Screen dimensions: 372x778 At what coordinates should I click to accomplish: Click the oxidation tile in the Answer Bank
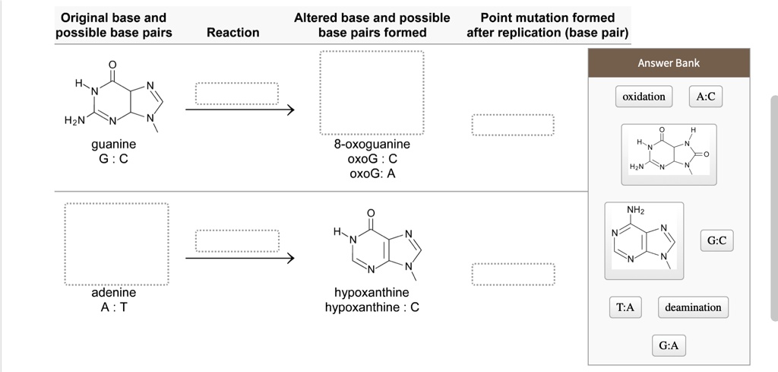pyautogui.click(x=644, y=97)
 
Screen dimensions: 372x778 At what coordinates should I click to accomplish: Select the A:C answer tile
pyautogui.click(x=706, y=97)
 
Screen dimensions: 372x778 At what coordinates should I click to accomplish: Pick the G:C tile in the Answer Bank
pyautogui.click(x=716, y=241)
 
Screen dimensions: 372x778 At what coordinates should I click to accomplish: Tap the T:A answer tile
pyautogui.click(x=625, y=307)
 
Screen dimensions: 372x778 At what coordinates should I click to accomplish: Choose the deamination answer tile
pyautogui.click(x=693, y=307)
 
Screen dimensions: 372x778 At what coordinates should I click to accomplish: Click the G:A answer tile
pyautogui.click(x=669, y=346)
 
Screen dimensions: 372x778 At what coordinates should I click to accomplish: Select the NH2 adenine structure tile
pyautogui.click(x=644, y=240)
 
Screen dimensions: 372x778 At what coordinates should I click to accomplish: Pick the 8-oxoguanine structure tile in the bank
pyautogui.click(x=669, y=154)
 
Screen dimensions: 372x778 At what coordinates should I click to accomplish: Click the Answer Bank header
pyautogui.click(x=669, y=63)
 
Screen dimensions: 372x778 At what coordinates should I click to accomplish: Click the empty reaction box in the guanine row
pyautogui.click(x=236, y=93)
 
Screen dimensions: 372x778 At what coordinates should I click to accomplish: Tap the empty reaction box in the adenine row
pyautogui.click(x=236, y=240)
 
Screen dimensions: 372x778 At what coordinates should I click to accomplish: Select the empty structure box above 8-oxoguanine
pyautogui.click(x=372, y=92)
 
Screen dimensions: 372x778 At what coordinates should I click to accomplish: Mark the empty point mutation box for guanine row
pyautogui.click(x=513, y=125)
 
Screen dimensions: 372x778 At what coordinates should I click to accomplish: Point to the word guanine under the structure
pyautogui.click(x=114, y=144)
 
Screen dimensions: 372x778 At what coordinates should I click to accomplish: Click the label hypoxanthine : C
pyautogui.click(x=372, y=307)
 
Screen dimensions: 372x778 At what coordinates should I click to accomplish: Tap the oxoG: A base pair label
pyautogui.click(x=372, y=173)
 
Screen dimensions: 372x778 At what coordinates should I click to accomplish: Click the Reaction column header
pyautogui.click(x=232, y=32)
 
